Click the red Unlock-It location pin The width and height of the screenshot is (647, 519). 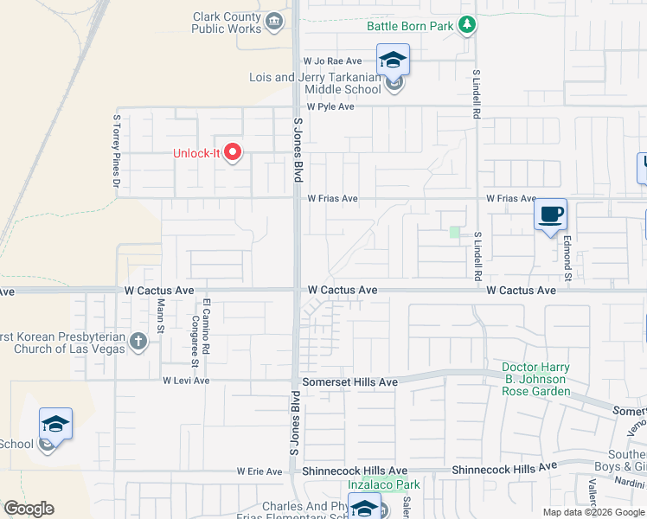point(232,153)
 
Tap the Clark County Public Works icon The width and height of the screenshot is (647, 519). point(275,21)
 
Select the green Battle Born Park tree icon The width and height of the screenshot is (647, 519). point(468,25)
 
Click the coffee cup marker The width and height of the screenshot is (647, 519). point(551,215)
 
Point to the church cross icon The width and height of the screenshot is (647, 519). point(138,342)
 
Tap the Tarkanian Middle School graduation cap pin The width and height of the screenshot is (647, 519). point(393,61)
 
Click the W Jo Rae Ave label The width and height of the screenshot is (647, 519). point(332,61)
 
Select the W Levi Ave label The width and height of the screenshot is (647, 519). point(186,381)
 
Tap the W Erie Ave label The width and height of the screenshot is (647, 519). point(259,471)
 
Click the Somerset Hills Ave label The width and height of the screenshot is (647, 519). point(349,381)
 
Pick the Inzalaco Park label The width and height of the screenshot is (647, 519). point(389,484)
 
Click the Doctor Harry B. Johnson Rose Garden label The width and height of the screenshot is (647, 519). point(535,379)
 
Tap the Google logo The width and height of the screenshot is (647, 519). point(29,509)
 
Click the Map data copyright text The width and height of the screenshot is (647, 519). point(593,512)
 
